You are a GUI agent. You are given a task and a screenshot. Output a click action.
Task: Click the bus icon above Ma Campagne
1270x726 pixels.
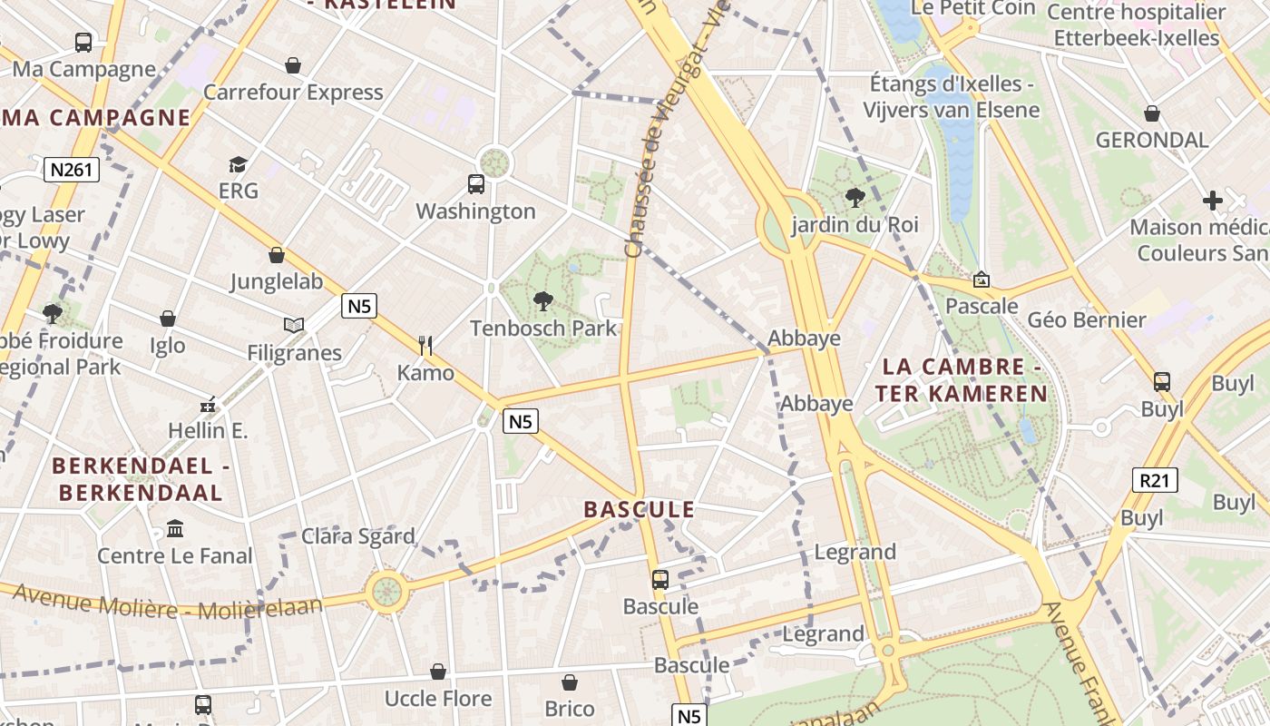point(83,42)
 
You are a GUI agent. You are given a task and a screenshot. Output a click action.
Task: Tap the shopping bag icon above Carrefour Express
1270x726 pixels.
point(293,65)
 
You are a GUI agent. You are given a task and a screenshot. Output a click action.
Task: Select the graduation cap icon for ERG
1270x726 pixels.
point(238,164)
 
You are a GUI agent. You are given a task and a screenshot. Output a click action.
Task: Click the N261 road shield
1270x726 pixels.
point(72,170)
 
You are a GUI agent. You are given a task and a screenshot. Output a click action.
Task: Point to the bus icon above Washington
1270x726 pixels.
point(476,184)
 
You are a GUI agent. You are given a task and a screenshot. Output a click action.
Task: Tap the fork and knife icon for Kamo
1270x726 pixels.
point(425,345)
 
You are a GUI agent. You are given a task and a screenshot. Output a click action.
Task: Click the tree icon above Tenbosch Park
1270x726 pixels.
point(543,300)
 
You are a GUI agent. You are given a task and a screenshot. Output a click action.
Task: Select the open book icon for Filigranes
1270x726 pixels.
point(294,325)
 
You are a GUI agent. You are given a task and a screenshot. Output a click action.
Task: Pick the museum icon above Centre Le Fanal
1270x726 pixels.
point(175,528)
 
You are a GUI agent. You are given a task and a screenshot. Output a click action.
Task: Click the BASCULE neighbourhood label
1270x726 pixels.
point(640,510)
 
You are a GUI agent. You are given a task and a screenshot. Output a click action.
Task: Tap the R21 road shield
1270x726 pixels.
point(1155,480)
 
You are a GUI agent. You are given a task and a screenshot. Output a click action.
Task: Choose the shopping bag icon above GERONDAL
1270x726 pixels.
point(1152,113)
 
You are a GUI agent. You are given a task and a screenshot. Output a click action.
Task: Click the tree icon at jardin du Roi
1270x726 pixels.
point(854,197)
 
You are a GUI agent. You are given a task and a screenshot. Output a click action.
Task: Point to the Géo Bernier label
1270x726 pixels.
point(1087,320)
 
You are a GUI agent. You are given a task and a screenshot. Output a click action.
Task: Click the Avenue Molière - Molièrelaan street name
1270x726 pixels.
point(168,603)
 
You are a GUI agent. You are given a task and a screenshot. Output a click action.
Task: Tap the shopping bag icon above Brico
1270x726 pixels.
point(570,682)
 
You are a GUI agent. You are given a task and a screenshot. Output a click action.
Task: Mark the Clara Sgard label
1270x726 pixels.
point(358,536)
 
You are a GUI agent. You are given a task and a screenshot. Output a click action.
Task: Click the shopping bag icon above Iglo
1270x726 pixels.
point(168,319)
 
